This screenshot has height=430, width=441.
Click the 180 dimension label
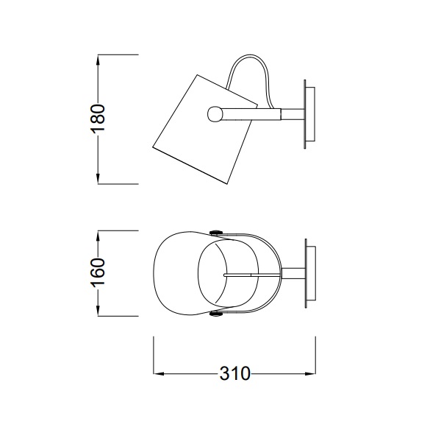pyautogui.click(x=98, y=119)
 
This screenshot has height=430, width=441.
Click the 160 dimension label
pyautogui.click(x=98, y=272)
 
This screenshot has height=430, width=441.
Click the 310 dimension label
pyautogui.click(x=234, y=373)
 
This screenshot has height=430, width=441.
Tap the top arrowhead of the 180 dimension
pyautogui.click(x=98, y=60)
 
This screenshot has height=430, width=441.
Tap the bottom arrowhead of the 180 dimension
pyautogui.click(x=98, y=178)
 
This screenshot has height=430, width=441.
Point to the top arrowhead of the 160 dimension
pyautogui.click(x=98, y=236)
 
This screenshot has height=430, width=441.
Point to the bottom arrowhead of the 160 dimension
pyautogui.click(x=98, y=310)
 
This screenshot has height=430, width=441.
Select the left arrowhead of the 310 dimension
pyautogui.click(x=159, y=374)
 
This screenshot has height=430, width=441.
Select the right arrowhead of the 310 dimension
pyautogui.click(x=310, y=374)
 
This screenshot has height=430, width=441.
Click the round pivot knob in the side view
pyautogui.click(x=215, y=114)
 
